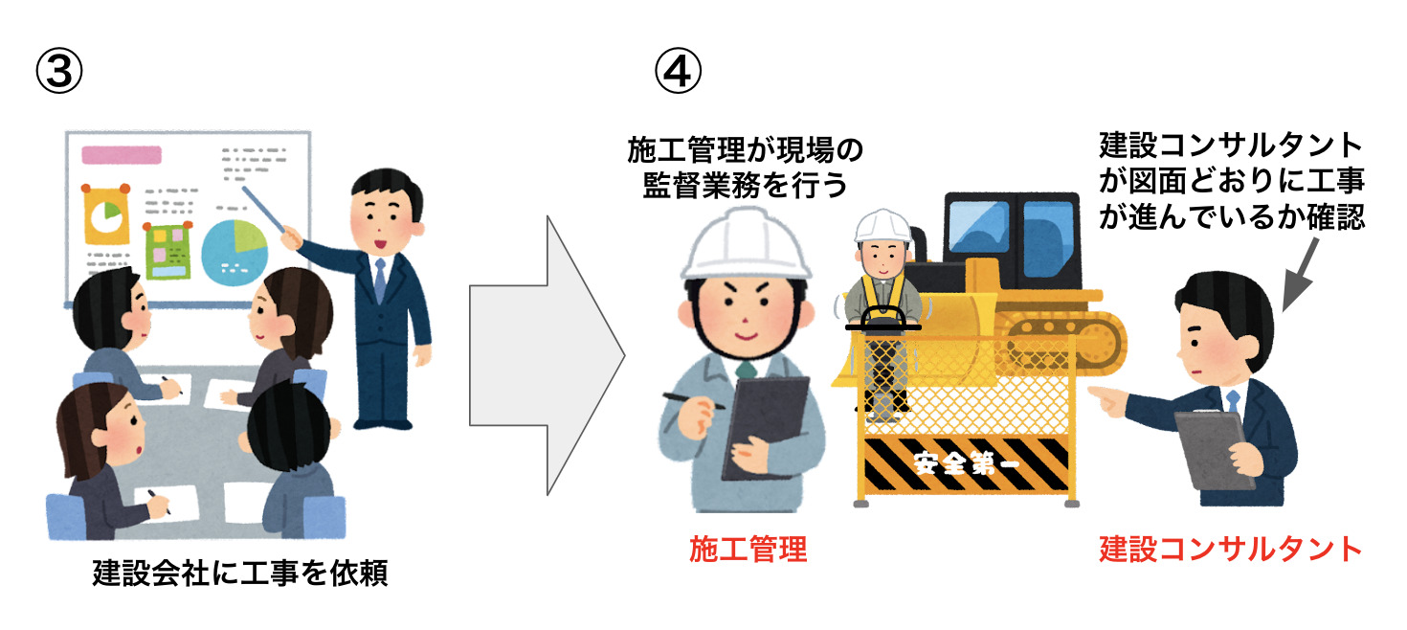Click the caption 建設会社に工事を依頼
tap(240, 574)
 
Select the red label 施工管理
tap(748, 549)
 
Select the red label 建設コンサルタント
tap(1230, 549)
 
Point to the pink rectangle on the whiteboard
tap(122, 154)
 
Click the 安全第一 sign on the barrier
tap(966, 462)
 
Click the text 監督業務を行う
tap(745, 185)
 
